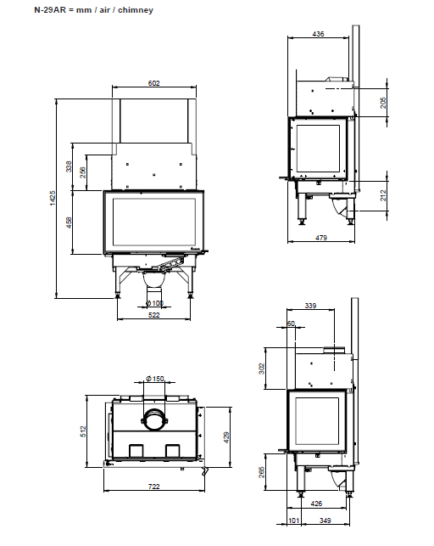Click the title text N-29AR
pos(50,9)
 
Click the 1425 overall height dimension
pos(53,198)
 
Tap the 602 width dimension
pos(153,83)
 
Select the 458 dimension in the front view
pos(69,222)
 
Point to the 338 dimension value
pos(69,166)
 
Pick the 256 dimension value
pos(83,172)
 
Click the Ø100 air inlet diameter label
pos(154,303)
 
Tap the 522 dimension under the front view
pos(153,315)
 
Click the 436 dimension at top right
pos(318,34)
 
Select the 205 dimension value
pos(383,103)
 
